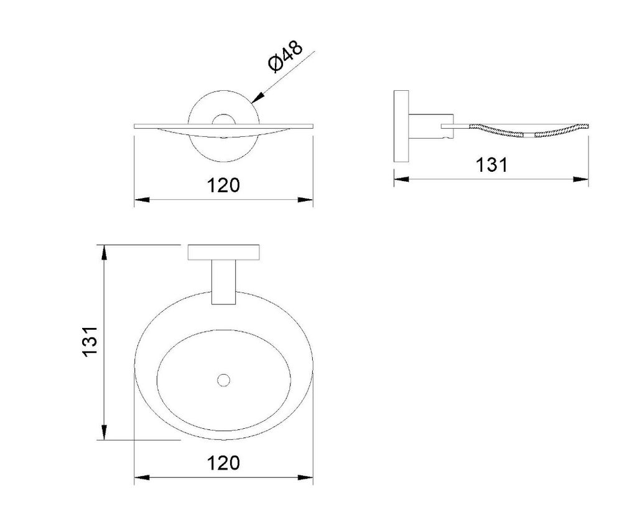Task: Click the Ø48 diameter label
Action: (x=285, y=57)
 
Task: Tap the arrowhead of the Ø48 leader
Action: (x=258, y=98)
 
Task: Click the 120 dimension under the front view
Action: (x=223, y=185)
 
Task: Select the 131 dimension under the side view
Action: (x=491, y=165)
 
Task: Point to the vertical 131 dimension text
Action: (x=90, y=341)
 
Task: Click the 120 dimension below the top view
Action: (x=223, y=462)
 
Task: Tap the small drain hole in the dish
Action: (x=224, y=380)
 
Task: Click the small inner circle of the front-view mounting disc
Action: (x=224, y=121)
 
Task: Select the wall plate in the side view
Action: (x=401, y=126)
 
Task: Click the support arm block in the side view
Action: (x=431, y=126)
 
